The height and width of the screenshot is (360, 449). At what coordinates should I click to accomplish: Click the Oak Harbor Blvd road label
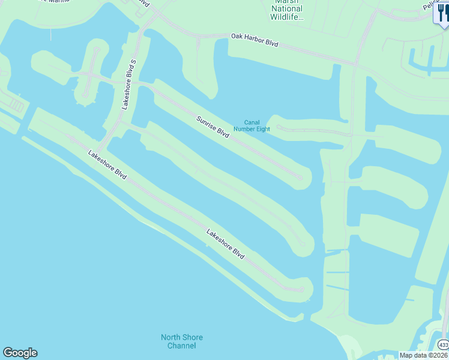pos(255,41)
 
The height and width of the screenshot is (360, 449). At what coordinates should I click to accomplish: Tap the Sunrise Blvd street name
pos(214,127)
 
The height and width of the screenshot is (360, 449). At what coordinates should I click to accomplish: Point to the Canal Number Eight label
pos(252,125)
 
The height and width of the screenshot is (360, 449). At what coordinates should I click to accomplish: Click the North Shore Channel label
pos(182,341)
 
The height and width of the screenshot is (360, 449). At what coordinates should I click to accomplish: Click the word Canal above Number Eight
pos(252,122)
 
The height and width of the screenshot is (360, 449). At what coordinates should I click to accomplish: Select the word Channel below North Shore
pos(182,346)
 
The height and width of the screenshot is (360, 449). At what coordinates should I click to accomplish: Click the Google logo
pos(20,353)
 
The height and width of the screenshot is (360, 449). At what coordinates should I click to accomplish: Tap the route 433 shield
pos(443,345)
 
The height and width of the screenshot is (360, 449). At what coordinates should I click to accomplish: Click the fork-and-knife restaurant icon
pos(441,13)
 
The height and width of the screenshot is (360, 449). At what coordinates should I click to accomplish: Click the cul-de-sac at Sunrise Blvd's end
pos(299,176)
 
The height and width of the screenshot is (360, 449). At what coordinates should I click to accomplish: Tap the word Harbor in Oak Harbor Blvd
pos(256,41)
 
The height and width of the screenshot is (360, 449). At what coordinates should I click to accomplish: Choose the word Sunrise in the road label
pos(206,121)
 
